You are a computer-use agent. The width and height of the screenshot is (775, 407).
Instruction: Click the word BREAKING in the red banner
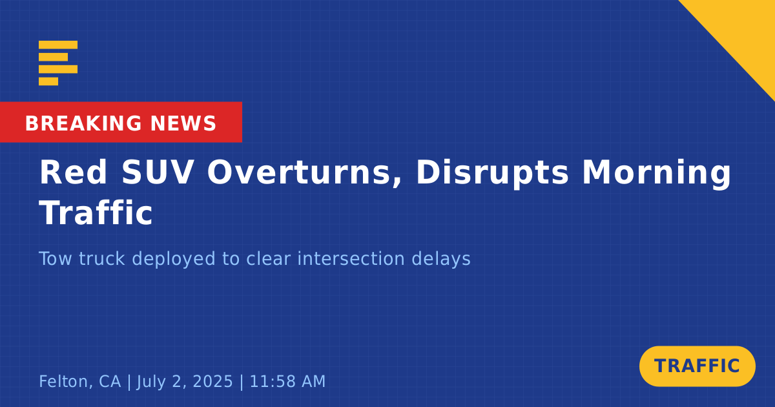[83, 123]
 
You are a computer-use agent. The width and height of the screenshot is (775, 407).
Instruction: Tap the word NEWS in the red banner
[183, 123]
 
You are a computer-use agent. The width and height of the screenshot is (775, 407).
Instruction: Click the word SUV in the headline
[157, 172]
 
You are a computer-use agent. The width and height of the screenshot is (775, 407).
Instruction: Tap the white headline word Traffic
[96, 213]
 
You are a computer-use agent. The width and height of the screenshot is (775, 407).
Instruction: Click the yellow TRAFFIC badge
[697, 366]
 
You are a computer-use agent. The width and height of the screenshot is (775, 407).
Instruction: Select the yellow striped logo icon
[58, 63]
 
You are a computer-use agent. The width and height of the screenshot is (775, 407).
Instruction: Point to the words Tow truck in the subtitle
[82, 258]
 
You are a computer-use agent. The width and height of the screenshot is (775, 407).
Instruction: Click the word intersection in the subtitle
[351, 258]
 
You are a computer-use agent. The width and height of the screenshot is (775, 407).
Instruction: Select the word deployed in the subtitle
[174, 259]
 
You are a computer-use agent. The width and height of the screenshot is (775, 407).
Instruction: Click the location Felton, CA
[80, 381]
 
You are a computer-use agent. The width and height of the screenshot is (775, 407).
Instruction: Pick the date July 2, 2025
[185, 381]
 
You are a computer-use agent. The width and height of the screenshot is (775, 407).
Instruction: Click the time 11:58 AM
[287, 381]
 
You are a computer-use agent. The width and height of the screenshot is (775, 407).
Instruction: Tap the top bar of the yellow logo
[58, 45]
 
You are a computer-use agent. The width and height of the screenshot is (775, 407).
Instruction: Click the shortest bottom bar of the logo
[48, 81]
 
